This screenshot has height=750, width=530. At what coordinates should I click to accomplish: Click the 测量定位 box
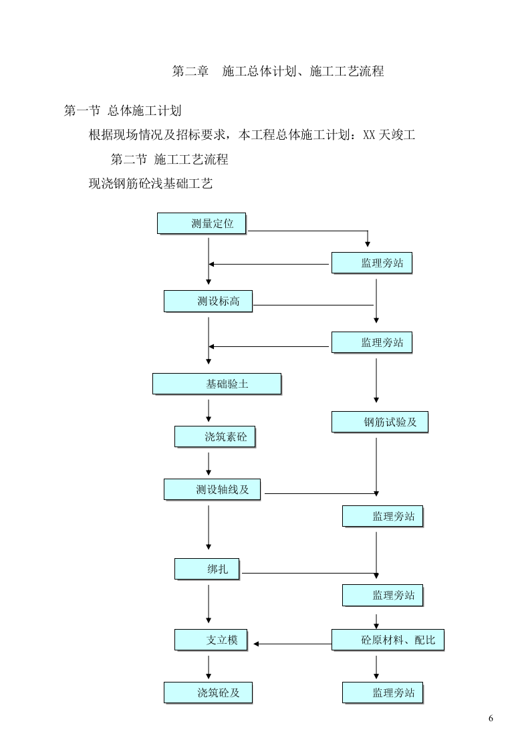[x=202, y=224]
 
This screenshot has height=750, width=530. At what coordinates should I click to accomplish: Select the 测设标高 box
[x=209, y=301]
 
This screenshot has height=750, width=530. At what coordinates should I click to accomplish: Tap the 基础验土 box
[x=217, y=384]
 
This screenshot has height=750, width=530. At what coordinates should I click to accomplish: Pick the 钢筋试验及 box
[x=380, y=422]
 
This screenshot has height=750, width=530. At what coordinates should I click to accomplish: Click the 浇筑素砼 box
[x=215, y=437]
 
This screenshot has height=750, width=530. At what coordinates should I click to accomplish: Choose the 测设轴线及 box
[x=212, y=489]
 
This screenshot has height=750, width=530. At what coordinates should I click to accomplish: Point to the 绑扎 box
[x=207, y=569]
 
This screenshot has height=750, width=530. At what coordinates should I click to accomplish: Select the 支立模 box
[x=211, y=640]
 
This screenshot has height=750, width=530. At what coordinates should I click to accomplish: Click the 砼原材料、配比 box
[x=388, y=640]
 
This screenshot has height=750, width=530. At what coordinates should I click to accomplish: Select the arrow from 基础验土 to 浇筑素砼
[x=209, y=410]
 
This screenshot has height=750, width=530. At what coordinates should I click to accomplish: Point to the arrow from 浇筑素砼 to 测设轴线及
[x=209, y=463]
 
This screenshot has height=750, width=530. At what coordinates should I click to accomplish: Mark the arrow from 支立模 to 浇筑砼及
[x=209, y=667]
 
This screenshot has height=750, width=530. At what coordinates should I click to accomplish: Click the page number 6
[x=491, y=719]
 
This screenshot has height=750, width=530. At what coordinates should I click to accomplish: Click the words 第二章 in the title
[x=191, y=71]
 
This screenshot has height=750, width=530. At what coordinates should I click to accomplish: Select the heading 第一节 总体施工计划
[x=122, y=111]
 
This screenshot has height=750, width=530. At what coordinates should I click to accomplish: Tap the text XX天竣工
[x=389, y=135]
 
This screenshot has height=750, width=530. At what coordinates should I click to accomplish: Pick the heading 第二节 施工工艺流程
[x=169, y=160]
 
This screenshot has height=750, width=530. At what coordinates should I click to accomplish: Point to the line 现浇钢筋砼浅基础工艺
[x=150, y=184]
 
